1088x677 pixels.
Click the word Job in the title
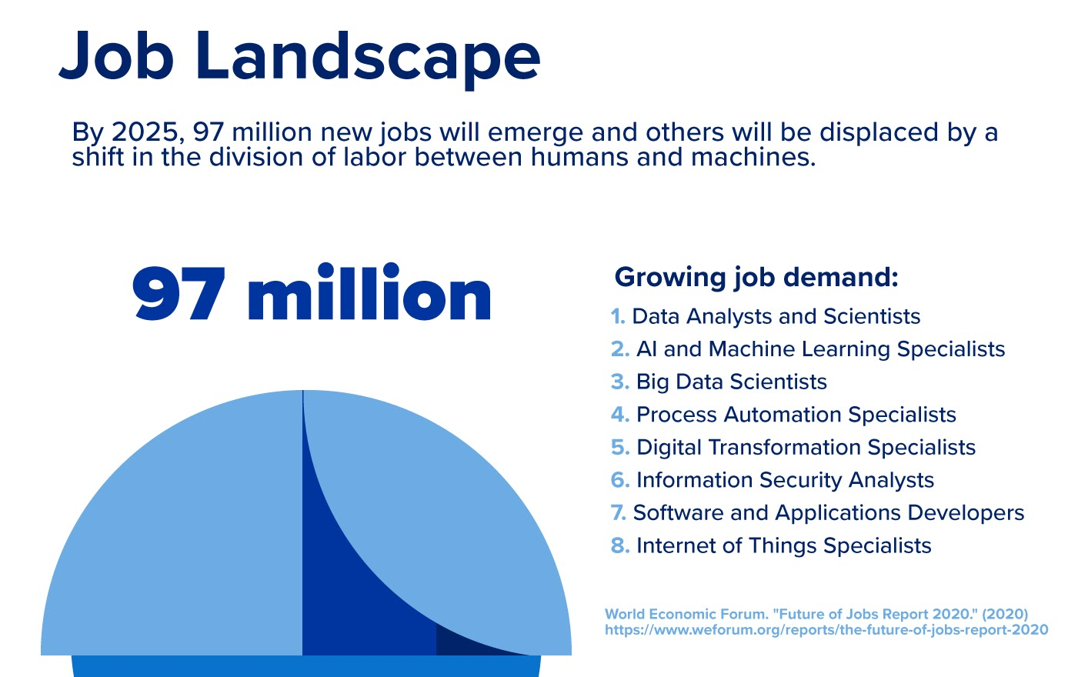[115, 55]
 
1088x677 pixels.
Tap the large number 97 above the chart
[179, 295]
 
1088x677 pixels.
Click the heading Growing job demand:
[756, 277]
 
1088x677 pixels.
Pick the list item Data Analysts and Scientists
[776, 317]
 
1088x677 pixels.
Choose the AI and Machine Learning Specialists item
[820, 349]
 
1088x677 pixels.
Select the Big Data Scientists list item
[731, 382]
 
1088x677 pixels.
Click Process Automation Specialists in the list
[796, 415]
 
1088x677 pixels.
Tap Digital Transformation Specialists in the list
[806, 448]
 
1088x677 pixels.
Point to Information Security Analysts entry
[785, 480]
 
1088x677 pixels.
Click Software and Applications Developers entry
[828, 513]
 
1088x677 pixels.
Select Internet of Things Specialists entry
[783, 546]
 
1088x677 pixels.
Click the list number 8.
[619, 546]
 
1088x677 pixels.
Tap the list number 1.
[617, 317]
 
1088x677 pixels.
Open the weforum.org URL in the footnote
[826, 630]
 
